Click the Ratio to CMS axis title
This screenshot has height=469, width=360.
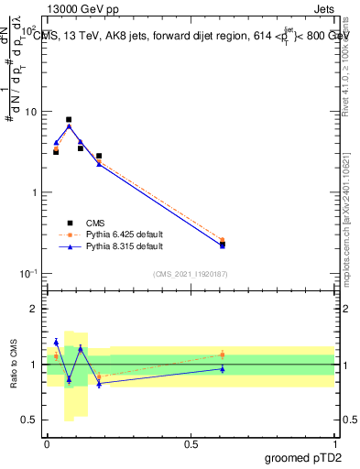pyautogui.click(x=14, y=364)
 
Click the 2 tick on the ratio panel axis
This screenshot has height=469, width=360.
pyautogui.click(x=35, y=309)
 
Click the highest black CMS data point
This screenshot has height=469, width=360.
pyautogui.click(x=69, y=120)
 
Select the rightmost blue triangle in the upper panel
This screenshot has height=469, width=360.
pyautogui.click(x=223, y=245)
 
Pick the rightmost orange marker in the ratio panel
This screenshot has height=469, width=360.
pyautogui.click(x=223, y=354)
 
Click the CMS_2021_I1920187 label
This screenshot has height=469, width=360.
pyautogui.click(x=191, y=273)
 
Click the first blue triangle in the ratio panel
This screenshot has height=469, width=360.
pyautogui.click(x=56, y=342)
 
